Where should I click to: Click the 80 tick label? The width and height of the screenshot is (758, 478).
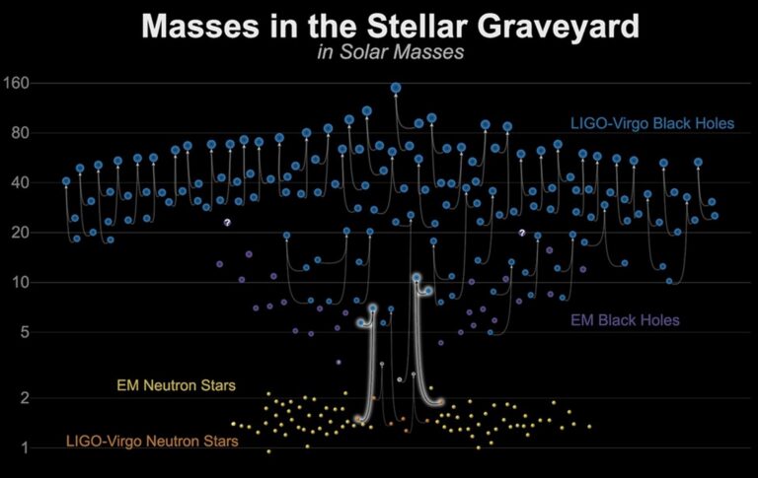coord(21,133)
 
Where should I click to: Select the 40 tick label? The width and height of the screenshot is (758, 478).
coord(21,183)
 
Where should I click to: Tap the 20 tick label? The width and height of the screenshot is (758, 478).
coord(21,233)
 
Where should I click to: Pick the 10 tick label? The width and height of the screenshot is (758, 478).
coord(21,283)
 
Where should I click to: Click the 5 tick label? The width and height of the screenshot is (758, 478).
coord(25,332)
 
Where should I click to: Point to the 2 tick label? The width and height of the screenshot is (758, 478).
coord(25,398)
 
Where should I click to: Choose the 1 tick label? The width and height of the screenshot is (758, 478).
coord(25,448)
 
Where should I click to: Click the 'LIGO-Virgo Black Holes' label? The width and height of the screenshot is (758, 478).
coord(652,124)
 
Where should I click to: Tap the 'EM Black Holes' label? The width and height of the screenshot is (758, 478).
coord(625,320)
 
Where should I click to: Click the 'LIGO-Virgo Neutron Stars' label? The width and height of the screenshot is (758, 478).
coord(152,442)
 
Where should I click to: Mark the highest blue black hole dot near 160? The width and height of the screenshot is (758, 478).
coord(396,88)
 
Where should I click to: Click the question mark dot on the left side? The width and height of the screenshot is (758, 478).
coord(226,224)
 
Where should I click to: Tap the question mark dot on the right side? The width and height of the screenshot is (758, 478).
coord(522,234)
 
